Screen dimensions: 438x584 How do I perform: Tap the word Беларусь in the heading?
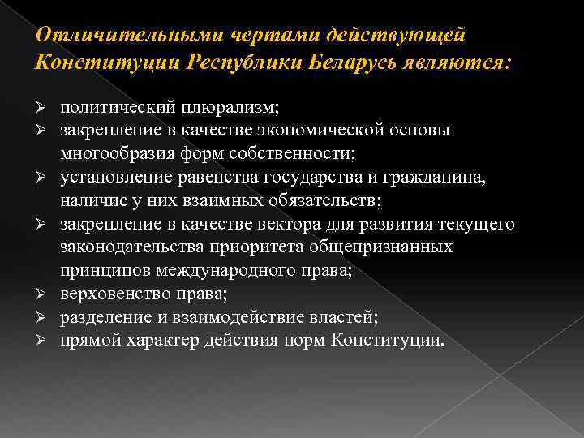point(346,62)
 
